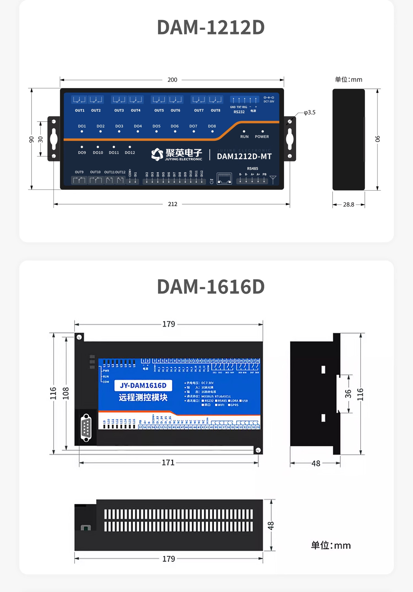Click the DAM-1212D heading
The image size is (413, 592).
[x=211, y=27]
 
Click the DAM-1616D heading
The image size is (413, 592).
[x=211, y=287]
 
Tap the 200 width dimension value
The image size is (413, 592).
[x=172, y=80]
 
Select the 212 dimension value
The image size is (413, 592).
[x=172, y=204]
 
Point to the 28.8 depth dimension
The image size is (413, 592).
[x=349, y=204]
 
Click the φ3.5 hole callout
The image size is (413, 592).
[x=309, y=113]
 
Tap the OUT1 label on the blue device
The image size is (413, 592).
[x=80, y=110]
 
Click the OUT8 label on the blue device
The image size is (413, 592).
[x=215, y=110]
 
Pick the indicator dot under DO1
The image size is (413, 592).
[x=82, y=132]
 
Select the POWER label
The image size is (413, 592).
[x=262, y=137]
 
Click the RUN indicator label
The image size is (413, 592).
[x=244, y=137]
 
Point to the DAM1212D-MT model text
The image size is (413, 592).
[x=244, y=156]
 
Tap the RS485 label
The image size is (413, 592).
[x=252, y=168]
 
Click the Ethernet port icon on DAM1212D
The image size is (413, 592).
[x=224, y=178]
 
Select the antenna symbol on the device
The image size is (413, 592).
[x=273, y=179]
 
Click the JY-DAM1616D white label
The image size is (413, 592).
[x=143, y=385]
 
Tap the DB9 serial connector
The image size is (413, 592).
[x=86, y=428]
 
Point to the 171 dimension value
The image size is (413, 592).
[x=168, y=462]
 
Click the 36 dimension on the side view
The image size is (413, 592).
[x=348, y=394]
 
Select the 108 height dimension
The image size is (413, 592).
[x=66, y=393]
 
